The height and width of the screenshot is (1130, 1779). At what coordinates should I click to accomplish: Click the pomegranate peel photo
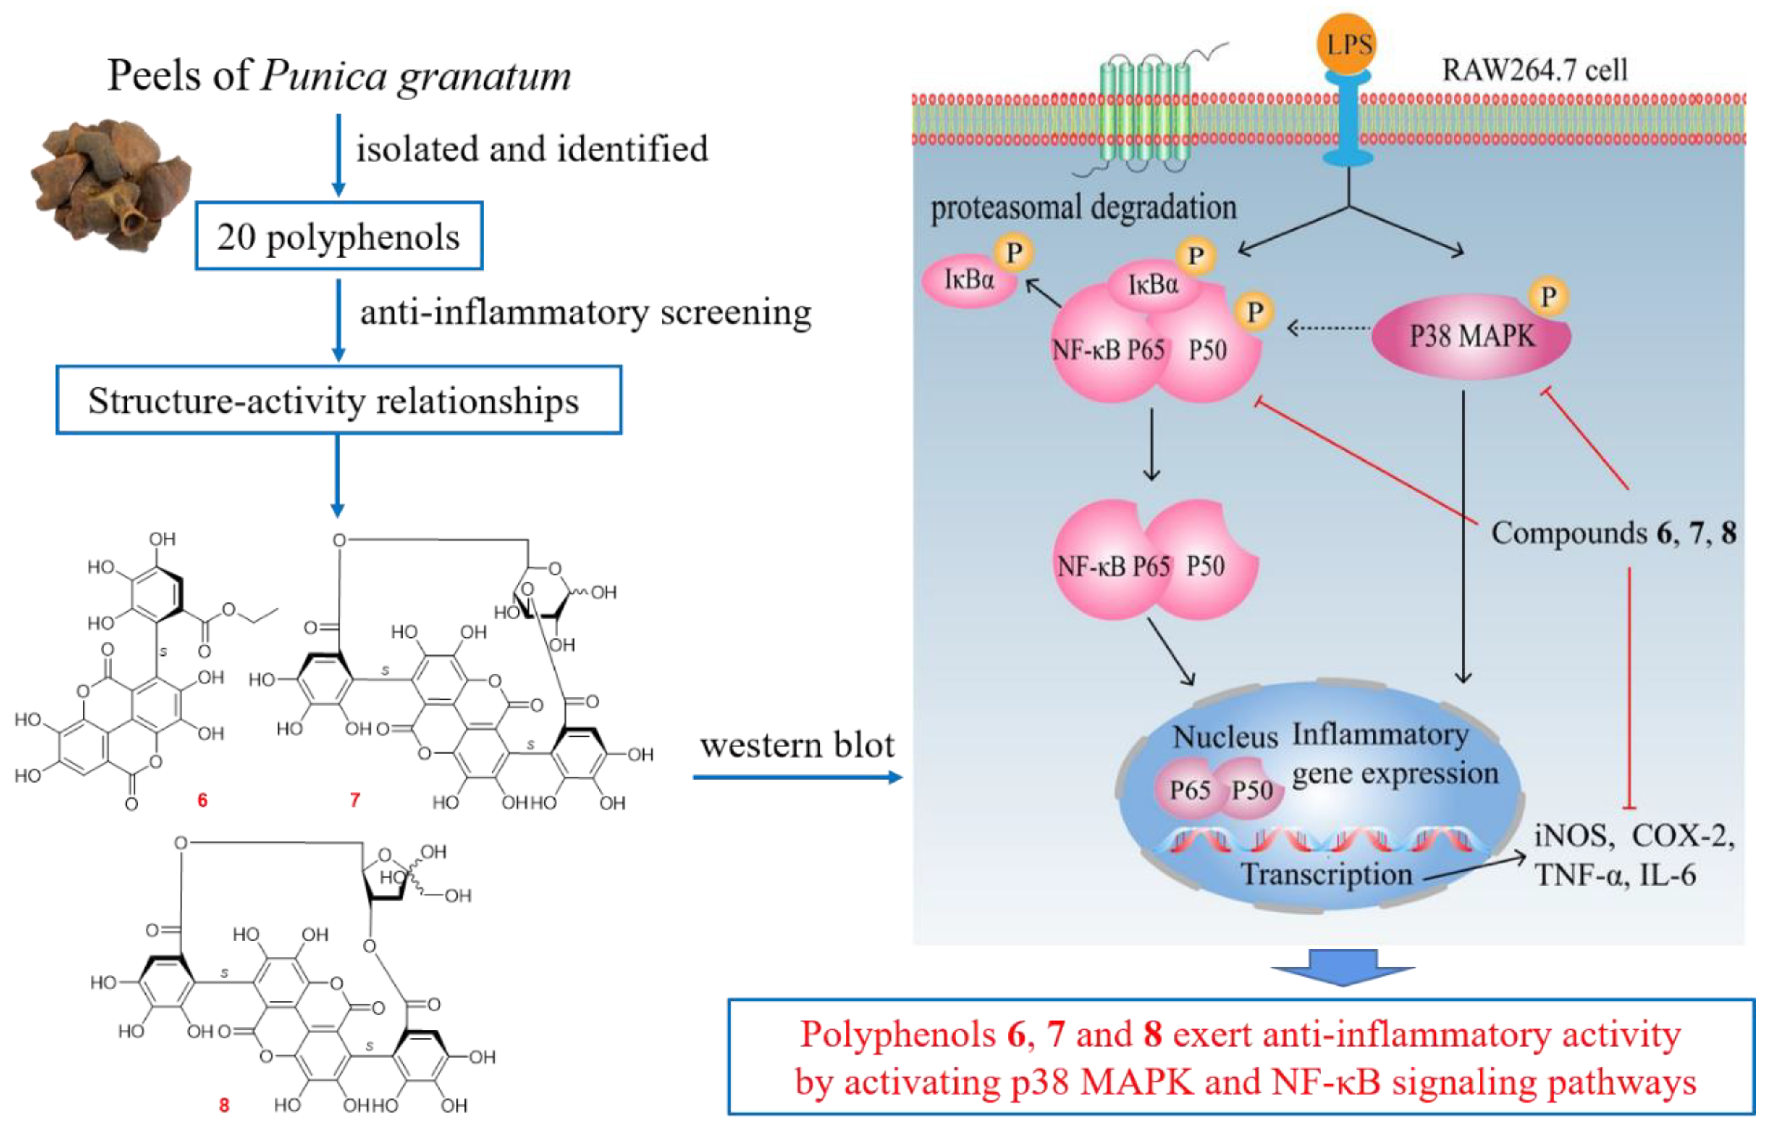pyautogui.click(x=111, y=185)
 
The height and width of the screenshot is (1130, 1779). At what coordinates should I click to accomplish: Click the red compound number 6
pyautogui.click(x=202, y=800)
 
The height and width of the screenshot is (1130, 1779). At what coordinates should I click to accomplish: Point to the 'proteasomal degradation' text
pyautogui.click(x=1083, y=207)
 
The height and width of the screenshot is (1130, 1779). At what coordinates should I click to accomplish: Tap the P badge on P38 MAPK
pyautogui.click(x=1549, y=297)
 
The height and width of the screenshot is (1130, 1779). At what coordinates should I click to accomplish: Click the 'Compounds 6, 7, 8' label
pyautogui.click(x=1613, y=533)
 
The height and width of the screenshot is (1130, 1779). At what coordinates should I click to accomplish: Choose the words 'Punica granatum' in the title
pyautogui.click(x=416, y=76)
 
